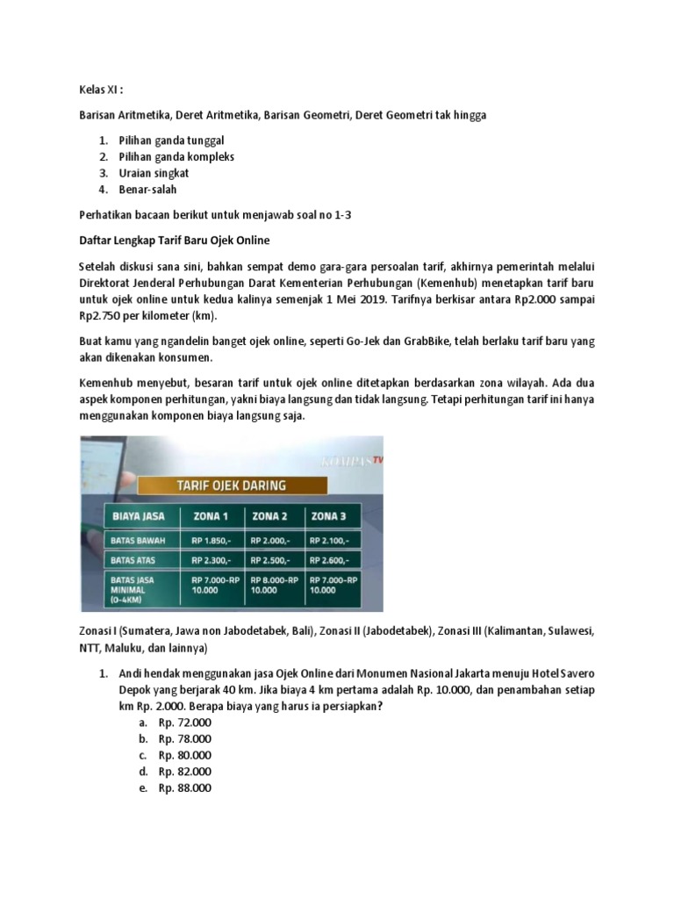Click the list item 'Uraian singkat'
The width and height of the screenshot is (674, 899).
click(x=148, y=173)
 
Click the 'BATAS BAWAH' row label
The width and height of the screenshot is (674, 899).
click(x=134, y=539)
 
